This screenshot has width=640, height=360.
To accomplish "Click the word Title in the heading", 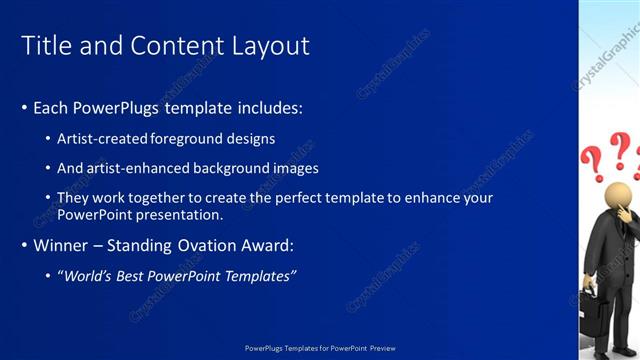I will [x=46, y=46].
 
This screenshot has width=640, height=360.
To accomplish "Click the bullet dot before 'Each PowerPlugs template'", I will [x=24, y=108].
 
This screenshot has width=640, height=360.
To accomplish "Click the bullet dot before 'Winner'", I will [x=24, y=245].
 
